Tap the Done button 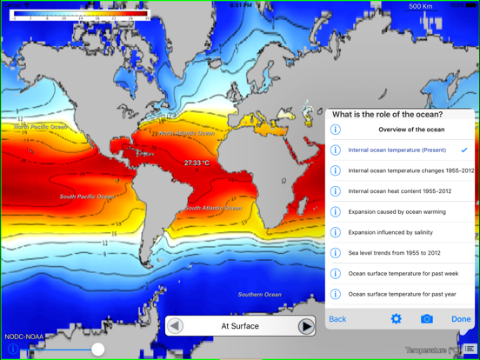click(x=461, y=319)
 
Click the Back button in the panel click(x=337, y=319)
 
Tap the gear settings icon click(x=396, y=319)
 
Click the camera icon click(x=426, y=319)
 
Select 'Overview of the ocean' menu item click(x=411, y=130)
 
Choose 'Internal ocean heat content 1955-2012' click(x=400, y=191)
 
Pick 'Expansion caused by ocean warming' click(x=397, y=212)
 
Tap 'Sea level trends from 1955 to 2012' click(x=395, y=253)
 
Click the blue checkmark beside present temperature click(x=464, y=150)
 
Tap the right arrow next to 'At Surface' click(x=306, y=327)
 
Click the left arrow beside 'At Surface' click(x=176, y=327)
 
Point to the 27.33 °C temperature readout click(x=197, y=163)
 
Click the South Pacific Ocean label click(x=86, y=197)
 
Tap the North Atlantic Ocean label click(x=186, y=134)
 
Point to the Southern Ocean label click(x=260, y=295)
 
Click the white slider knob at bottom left click(x=97, y=349)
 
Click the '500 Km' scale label click(x=421, y=6)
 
